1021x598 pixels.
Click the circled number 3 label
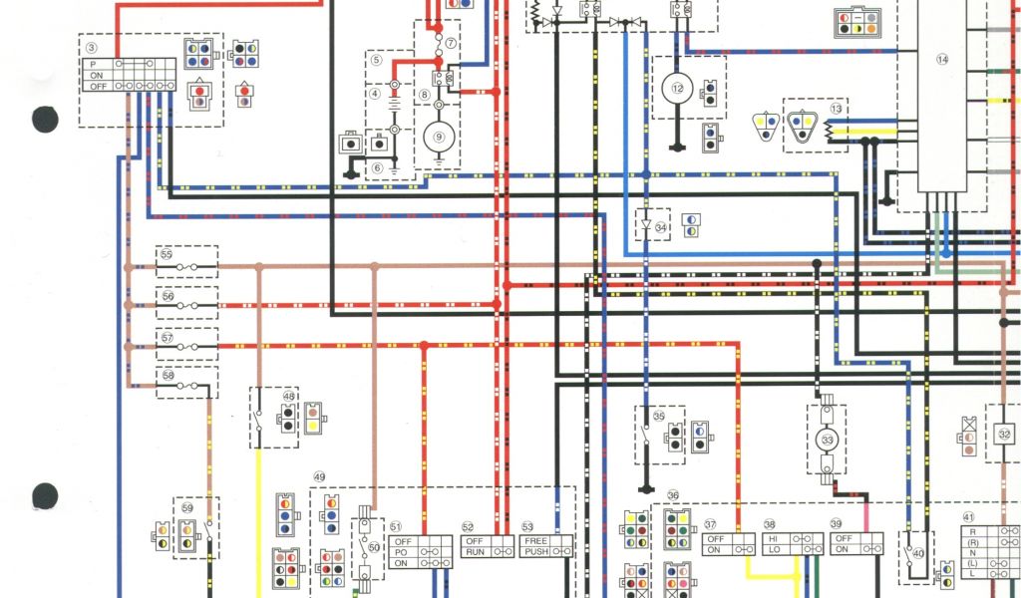(91, 47)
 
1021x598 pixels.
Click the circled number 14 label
(941, 60)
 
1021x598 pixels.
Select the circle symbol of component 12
(679, 88)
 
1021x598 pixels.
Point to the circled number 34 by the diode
(661, 228)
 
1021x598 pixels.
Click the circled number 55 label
(167, 255)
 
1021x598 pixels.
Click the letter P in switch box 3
(96, 63)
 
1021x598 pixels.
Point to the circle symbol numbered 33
(827, 440)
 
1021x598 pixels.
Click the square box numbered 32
(1003, 434)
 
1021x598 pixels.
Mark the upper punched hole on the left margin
(45, 120)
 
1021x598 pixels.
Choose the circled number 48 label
(289, 396)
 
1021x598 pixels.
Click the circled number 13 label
(836, 108)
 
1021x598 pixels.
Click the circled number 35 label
(658, 416)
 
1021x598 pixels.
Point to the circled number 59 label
(187, 506)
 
